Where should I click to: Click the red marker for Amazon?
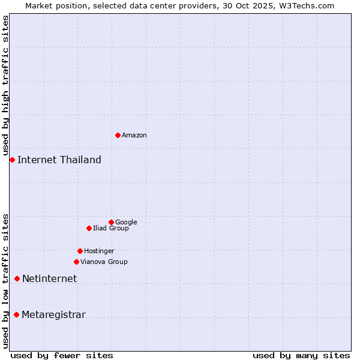coord(118,135)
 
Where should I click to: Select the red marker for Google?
coord(111,222)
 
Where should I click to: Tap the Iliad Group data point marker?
coord(89,228)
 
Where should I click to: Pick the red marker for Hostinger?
coord(80,251)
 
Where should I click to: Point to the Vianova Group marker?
coord(76,262)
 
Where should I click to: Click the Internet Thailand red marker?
coord(12,160)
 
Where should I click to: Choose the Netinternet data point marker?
coord(17,278)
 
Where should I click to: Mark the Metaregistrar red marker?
coord(16,315)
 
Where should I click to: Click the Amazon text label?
coord(134,136)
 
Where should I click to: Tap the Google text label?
coord(126,223)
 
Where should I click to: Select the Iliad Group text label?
coord(111,229)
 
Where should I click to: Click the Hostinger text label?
coord(99,251)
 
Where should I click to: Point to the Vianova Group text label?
coord(104,262)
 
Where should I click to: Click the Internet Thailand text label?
coord(59,160)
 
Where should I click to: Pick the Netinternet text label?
coord(50,279)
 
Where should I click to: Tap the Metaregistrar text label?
coord(53,315)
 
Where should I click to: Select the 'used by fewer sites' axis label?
coord(62,355)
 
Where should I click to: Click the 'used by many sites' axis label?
coord(301,355)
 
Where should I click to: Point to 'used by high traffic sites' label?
coord(5,85)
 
